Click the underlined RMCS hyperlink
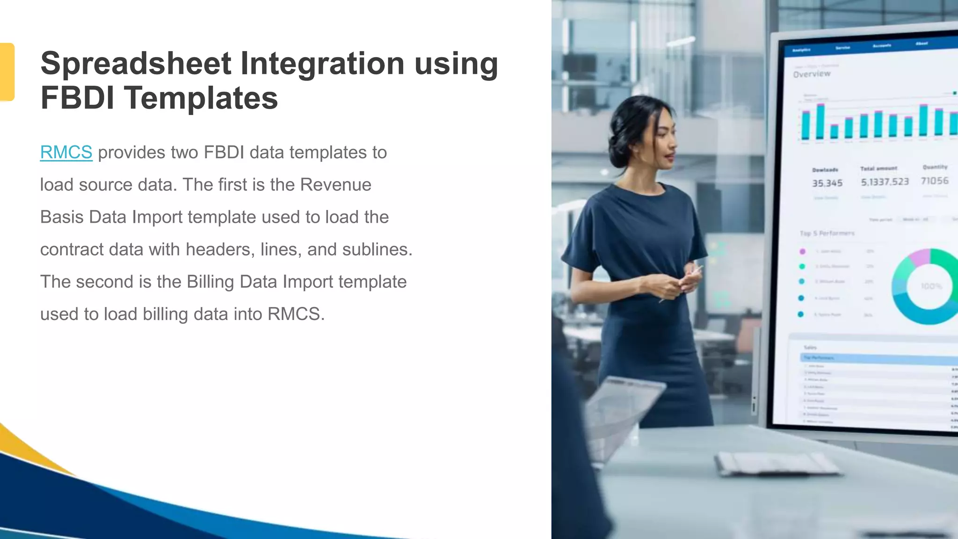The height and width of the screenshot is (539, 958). coord(66,153)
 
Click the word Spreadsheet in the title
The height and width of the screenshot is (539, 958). coord(136,64)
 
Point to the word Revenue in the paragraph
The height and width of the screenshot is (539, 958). coord(335,185)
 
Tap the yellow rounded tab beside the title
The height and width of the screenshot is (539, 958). coord(7,72)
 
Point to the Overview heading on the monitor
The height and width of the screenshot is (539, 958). coord(812,74)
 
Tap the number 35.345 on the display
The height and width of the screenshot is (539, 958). coord(827,183)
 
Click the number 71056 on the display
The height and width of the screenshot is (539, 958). coord(934,181)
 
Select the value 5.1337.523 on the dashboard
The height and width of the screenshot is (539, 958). coord(885,182)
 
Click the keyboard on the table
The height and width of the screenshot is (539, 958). coord(777,463)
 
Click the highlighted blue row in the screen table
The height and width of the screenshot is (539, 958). coord(875,358)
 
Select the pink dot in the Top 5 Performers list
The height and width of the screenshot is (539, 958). coord(802,251)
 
